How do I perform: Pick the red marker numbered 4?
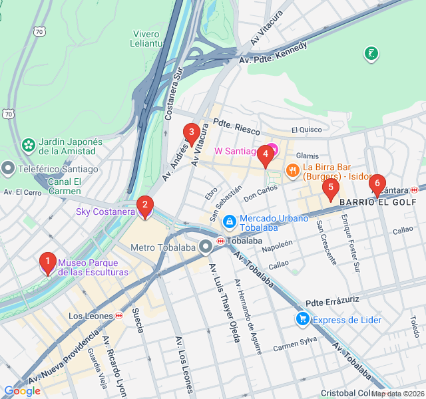coord(265,156)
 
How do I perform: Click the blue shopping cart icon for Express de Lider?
coord(302,320)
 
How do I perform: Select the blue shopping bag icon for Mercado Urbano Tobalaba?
coord(229,220)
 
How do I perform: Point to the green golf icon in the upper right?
coord(371,53)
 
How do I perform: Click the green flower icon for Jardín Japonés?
coord(28,145)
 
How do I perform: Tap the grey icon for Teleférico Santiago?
coord(8,169)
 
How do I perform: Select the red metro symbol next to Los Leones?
coord(118,316)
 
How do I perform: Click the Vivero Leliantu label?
coord(147,39)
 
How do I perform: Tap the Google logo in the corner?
coord(22,391)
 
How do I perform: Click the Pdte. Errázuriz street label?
coord(332,301)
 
